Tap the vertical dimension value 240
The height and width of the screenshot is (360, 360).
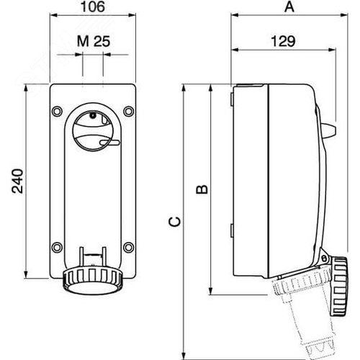coord(15,183)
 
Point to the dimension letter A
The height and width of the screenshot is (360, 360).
coord(289,8)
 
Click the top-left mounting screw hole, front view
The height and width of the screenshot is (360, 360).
coord(57,111)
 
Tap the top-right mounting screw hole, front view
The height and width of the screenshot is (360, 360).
coord(127,111)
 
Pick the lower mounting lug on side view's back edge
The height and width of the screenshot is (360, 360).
coord(231,230)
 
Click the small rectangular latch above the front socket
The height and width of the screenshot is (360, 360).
coord(92,254)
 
